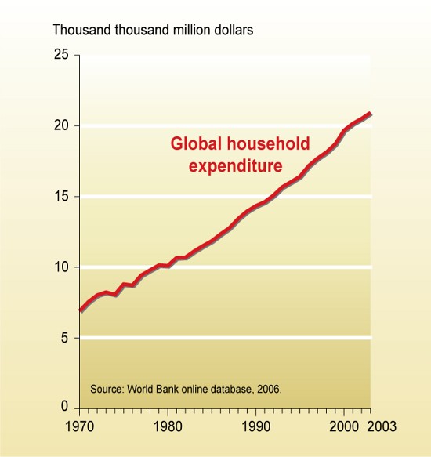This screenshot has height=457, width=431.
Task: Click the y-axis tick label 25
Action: click(61, 55)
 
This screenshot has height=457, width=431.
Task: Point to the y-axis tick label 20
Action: click(61, 125)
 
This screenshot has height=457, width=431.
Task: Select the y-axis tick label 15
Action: click(61, 196)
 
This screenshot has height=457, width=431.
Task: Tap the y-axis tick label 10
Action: click(61, 267)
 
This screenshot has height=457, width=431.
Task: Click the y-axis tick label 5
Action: click(65, 338)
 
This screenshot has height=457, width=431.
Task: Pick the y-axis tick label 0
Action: click(65, 408)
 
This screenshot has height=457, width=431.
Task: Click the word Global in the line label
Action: click(193, 145)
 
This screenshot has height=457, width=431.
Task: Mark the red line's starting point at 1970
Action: click(79, 311)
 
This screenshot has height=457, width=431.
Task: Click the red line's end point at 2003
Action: click(370, 114)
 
